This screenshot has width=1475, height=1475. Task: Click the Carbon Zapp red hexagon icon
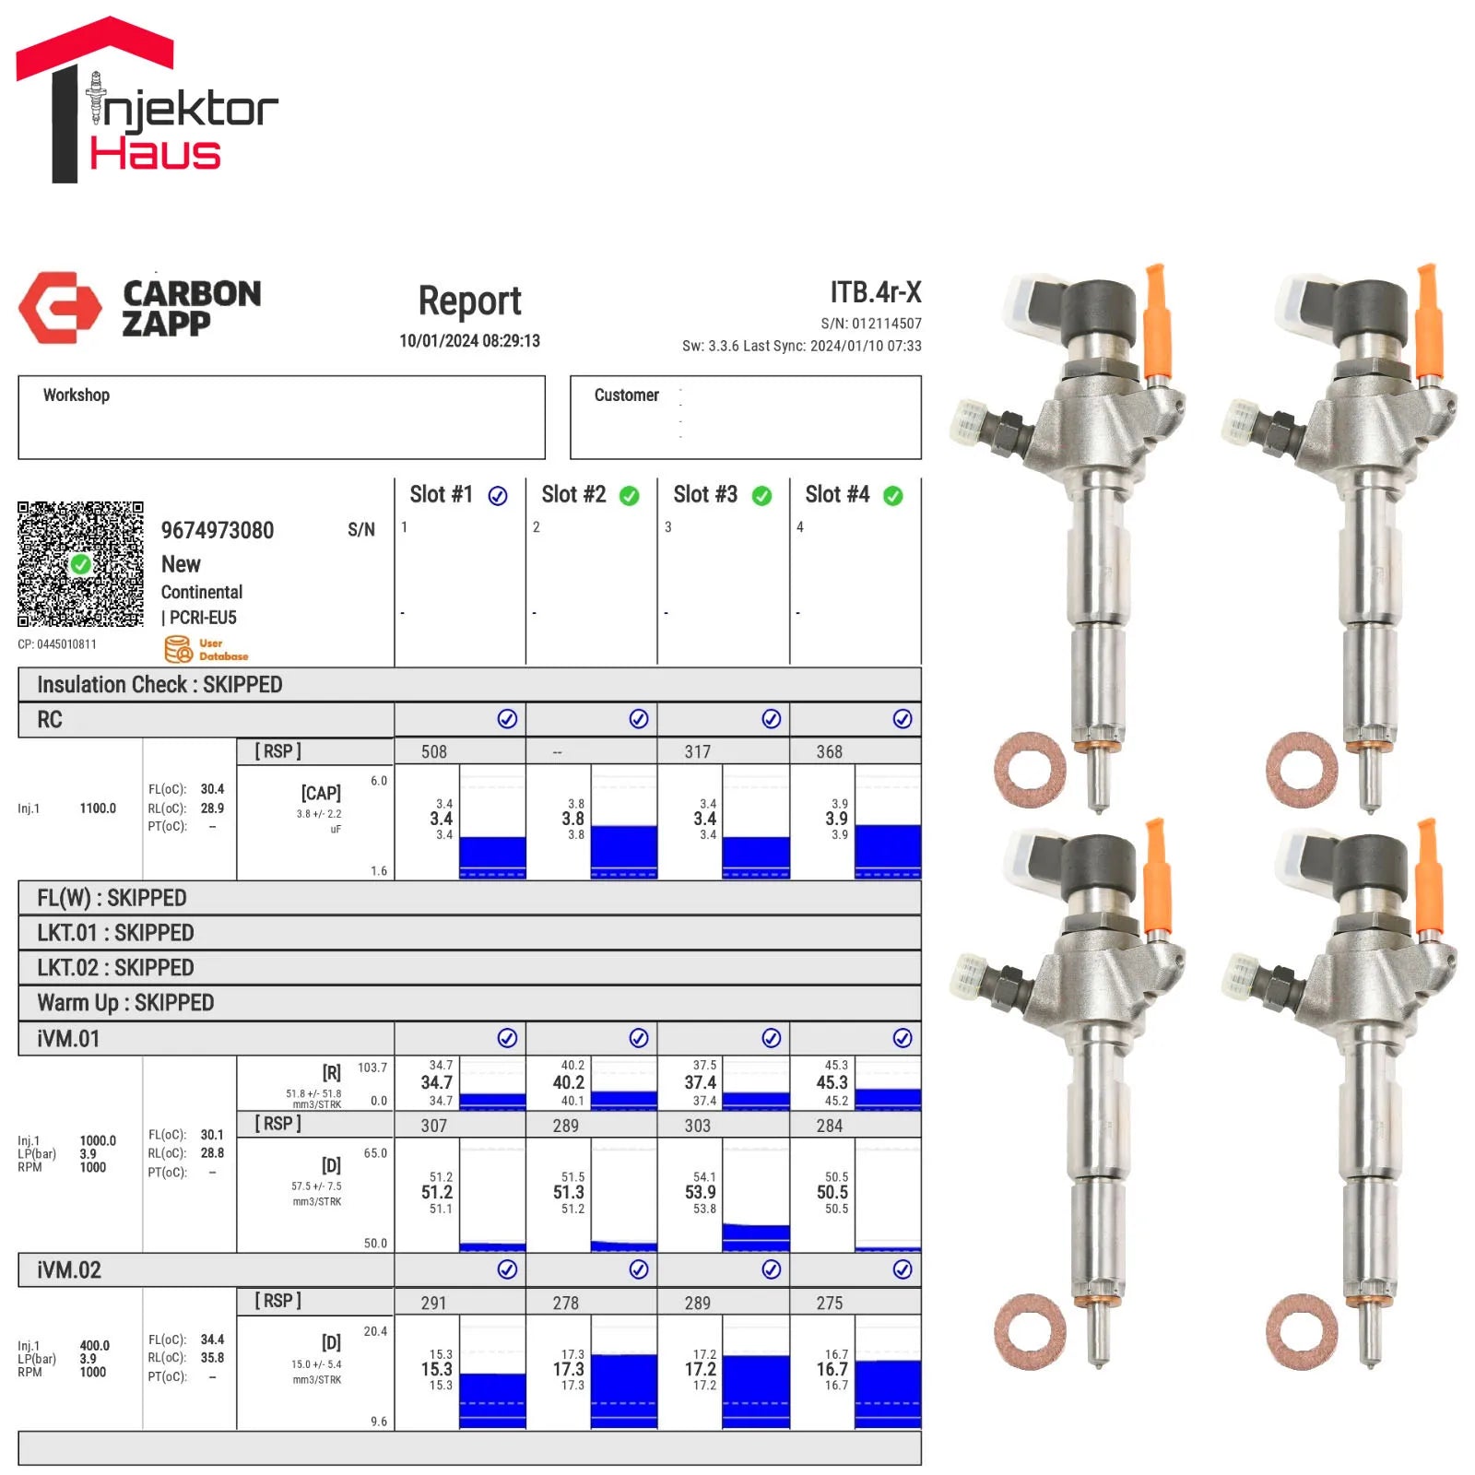click(60, 307)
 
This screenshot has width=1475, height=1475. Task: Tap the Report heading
click(469, 301)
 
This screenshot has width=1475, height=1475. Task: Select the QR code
click(81, 564)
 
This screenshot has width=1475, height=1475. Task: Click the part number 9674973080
click(218, 530)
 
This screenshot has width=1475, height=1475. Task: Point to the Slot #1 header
click(442, 495)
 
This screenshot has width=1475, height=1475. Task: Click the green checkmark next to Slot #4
click(893, 496)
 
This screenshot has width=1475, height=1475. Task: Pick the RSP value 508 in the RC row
click(434, 751)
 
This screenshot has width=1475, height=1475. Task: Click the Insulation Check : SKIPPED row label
click(159, 684)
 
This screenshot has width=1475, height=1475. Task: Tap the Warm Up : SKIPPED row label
click(125, 1002)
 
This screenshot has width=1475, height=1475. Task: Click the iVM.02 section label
click(69, 1269)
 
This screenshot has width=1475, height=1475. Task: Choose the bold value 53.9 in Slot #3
click(701, 1192)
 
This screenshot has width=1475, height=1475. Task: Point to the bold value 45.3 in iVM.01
click(832, 1082)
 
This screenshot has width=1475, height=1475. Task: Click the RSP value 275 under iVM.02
click(830, 1303)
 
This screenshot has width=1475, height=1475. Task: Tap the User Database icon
click(179, 649)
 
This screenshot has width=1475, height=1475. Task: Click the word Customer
click(627, 395)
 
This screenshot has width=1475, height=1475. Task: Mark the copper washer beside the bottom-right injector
click(1302, 1331)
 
